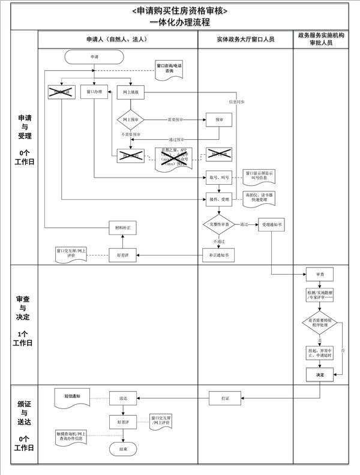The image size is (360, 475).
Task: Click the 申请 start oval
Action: click(94, 56)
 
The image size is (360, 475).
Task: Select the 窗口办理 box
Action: click(94, 92)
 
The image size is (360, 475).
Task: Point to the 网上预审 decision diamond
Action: click(130, 119)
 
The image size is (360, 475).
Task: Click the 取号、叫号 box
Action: click(220, 178)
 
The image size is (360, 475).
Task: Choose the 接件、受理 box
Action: click(220, 199)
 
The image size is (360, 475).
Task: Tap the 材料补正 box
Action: click(123, 228)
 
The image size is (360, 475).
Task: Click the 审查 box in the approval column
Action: click(319, 275)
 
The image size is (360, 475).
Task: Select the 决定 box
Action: click(319, 374)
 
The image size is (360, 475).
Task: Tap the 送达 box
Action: click(123, 397)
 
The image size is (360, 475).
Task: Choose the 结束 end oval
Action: click(123, 449)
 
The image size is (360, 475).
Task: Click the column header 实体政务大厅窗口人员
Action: click(245, 39)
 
